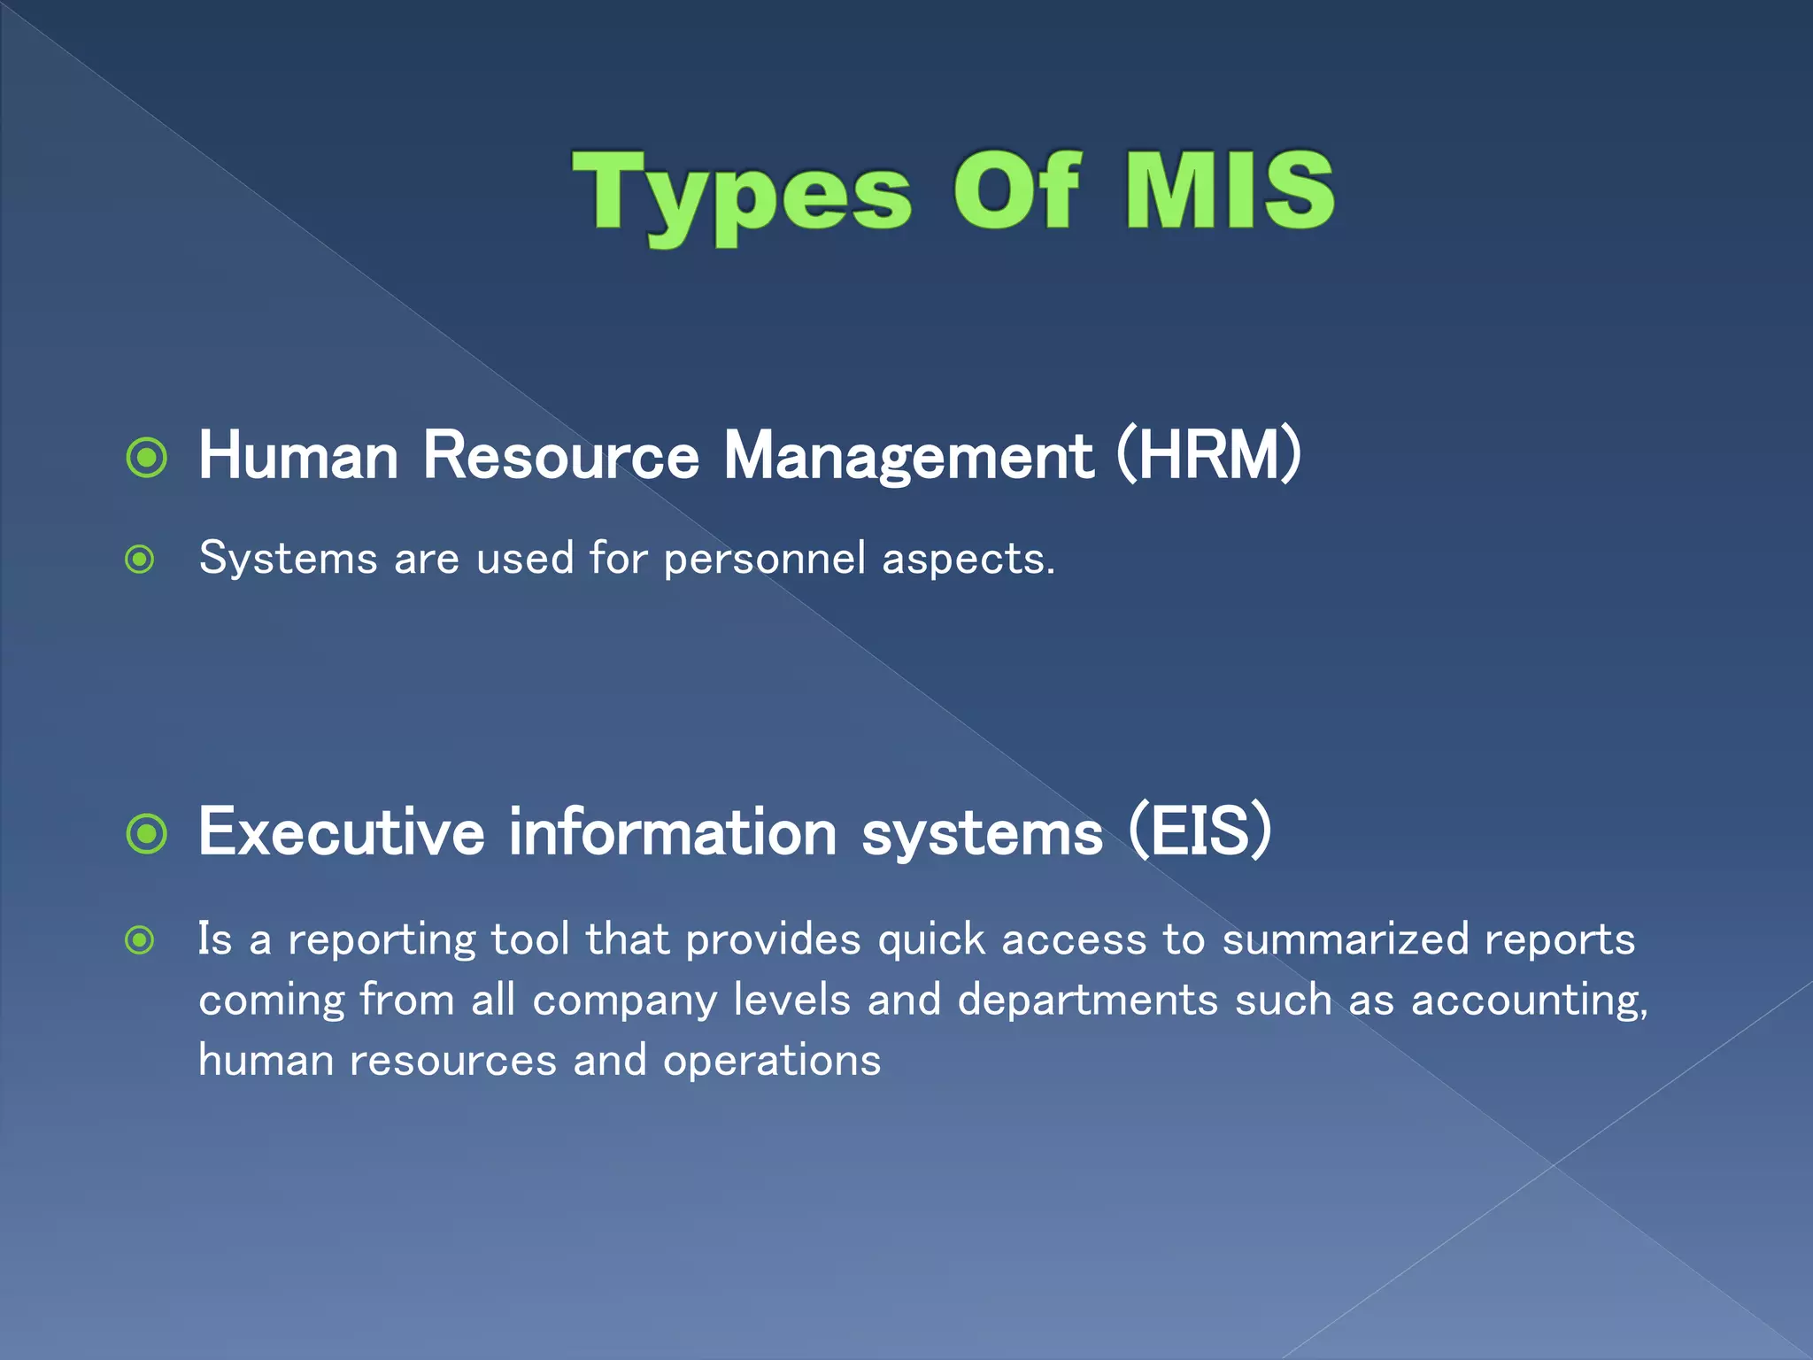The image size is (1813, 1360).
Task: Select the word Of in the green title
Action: click(1016, 189)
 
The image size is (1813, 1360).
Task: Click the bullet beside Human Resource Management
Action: click(147, 458)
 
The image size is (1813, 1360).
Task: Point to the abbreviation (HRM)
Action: click(1208, 455)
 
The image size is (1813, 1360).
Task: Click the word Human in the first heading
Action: click(298, 457)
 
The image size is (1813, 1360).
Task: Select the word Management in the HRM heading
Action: click(908, 459)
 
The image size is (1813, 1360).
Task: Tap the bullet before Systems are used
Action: click(140, 560)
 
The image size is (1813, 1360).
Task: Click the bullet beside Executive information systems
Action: click(147, 833)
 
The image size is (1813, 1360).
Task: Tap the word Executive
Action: click(342, 832)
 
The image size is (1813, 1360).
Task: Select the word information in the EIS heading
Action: click(673, 832)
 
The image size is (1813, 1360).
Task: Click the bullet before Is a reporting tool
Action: click(140, 939)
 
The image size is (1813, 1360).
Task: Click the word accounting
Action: click(1529, 1001)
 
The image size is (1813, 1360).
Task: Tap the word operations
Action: click(772, 1062)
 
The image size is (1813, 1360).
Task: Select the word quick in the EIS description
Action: click(931, 940)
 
